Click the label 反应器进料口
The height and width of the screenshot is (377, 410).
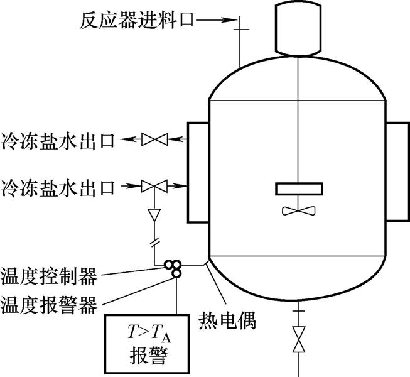(134, 19)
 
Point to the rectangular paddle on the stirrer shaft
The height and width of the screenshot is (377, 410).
(300, 188)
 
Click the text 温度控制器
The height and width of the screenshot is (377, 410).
(49, 275)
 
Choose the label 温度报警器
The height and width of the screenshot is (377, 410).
(49, 306)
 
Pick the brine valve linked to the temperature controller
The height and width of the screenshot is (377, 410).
(153, 185)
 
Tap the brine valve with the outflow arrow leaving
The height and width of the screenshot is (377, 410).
(153, 139)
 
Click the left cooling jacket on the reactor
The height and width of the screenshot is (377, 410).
(198, 172)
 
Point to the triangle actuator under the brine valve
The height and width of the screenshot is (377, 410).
(153, 215)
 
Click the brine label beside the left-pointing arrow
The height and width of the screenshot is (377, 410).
(58, 139)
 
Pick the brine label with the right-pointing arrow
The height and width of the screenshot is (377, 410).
(58, 186)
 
